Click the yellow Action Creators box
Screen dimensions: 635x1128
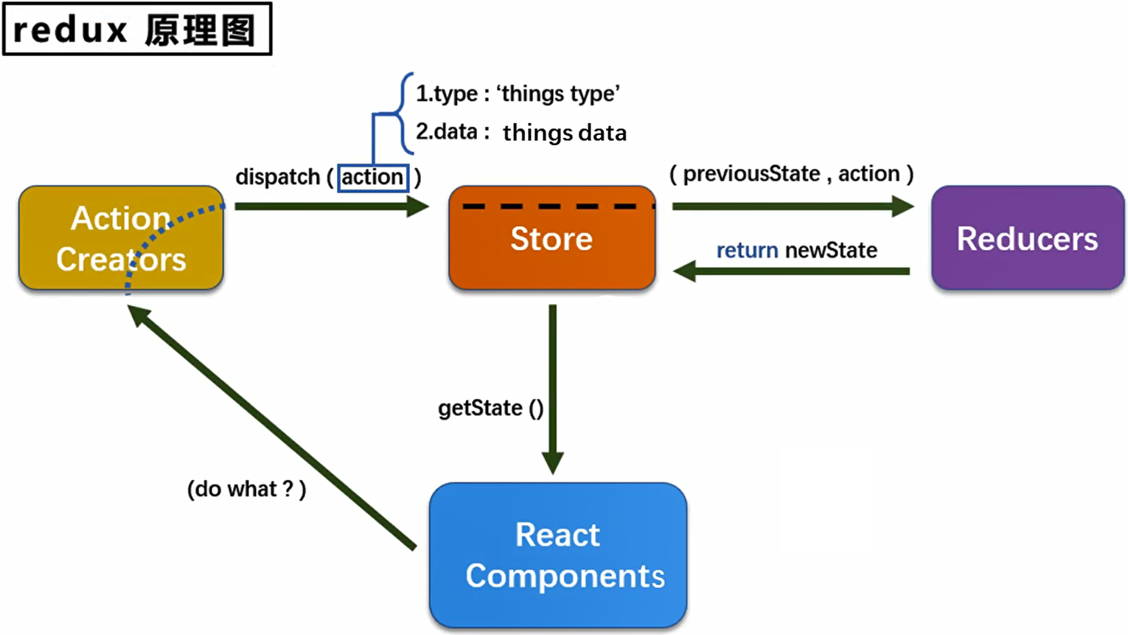point(121,238)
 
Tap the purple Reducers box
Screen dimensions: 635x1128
point(1027,238)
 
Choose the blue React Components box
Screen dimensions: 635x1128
point(558,555)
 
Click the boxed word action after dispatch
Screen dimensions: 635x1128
point(372,178)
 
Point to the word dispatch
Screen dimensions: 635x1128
point(277,178)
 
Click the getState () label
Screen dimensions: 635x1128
point(490,408)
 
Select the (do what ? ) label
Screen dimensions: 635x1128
point(246,489)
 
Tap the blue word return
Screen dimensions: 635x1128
point(747,251)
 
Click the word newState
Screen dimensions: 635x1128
point(831,251)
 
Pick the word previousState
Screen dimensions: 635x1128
point(751,174)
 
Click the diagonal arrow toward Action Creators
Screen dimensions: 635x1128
point(273,428)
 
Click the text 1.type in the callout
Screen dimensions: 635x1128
point(447,94)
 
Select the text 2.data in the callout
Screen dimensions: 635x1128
point(447,132)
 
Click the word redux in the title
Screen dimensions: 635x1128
point(70,30)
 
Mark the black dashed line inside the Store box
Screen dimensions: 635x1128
point(557,207)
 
